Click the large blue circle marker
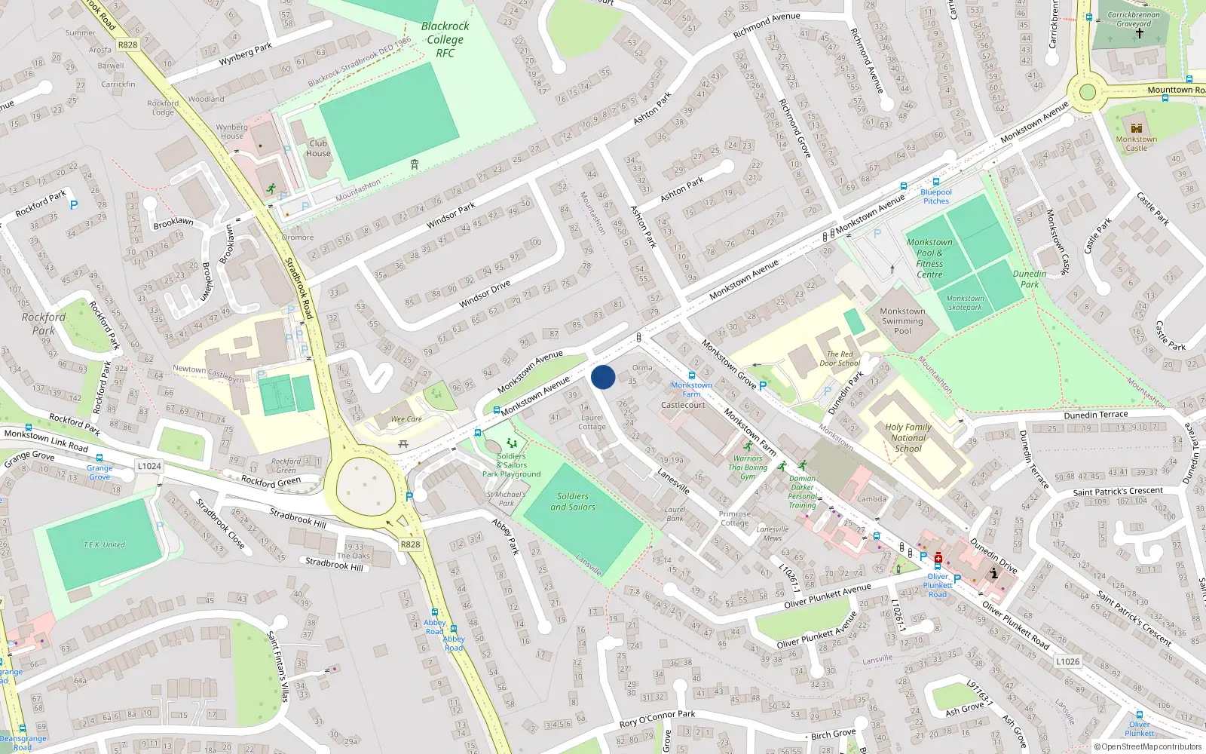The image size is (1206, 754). point(603,377)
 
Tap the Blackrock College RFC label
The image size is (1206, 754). point(445,39)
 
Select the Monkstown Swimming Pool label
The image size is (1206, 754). point(902,320)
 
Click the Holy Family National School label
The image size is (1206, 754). point(908,437)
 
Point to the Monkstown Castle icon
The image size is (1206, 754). point(1137,128)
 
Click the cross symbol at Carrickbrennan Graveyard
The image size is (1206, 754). point(1139,32)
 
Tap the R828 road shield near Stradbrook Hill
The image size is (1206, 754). point(410,544)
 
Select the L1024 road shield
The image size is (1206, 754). point(149,466)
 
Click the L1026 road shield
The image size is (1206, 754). point(1067,661)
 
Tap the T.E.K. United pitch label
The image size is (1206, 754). point(104,544)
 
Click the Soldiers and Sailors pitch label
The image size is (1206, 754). point(573,501)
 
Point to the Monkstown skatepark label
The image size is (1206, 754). point(965,302)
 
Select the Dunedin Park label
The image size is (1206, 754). point(1030,279)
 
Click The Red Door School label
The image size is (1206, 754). point(840,358)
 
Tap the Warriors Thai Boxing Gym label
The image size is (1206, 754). point(747,467)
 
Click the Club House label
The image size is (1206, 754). point(318,148)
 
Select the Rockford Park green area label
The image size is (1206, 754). point(43,323)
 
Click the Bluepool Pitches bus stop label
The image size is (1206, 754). point(936,196)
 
